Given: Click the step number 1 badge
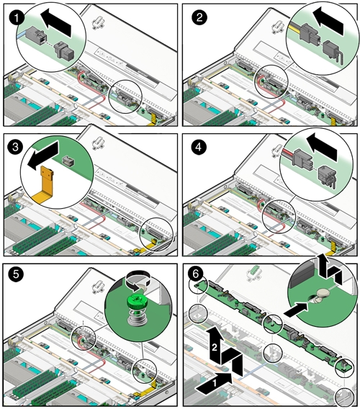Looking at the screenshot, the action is click(x=17, y=18).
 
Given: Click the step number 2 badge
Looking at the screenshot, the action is click(x=199, y=17).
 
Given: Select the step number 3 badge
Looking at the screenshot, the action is click(x=16, y=147).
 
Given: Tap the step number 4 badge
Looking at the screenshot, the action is click(x=199, y=147).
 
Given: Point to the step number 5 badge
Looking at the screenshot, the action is click(x=16, y=274).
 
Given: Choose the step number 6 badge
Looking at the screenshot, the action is click(x=196, y=274).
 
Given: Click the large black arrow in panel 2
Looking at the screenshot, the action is click(x=328, y=21).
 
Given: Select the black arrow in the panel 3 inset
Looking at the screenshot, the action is click(x=43, y=156).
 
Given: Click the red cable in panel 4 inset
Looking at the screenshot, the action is click(x=287, y=152).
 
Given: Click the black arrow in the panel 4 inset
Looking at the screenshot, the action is click(x=322, y=148).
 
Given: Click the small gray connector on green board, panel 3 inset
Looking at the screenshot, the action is click(x=68, y=161).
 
